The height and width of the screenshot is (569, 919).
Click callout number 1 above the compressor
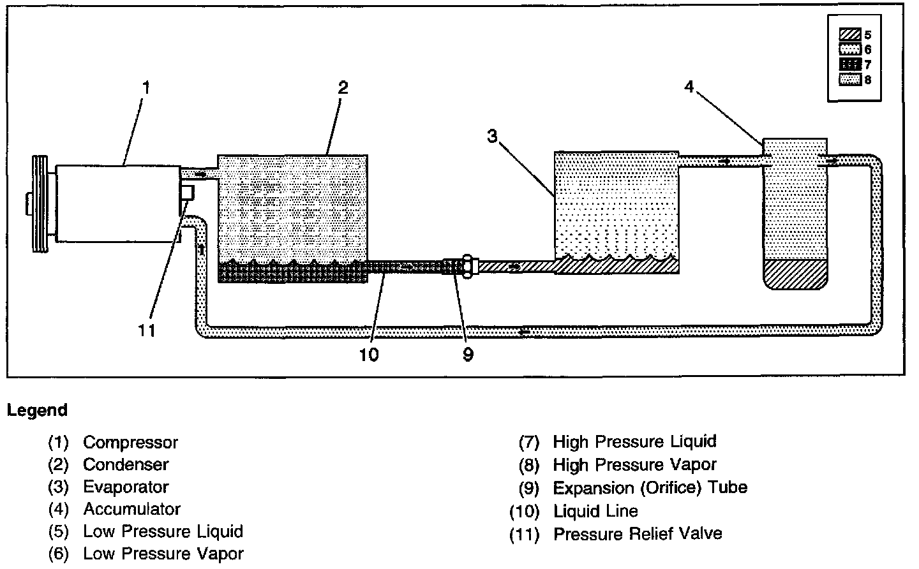[146, 87]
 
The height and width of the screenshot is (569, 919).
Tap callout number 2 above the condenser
[343, 87]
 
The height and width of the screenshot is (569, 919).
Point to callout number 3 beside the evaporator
[491, 137]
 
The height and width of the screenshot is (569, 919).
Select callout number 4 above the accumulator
[689, 86]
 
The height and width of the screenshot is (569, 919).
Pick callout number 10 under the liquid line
[369, 355]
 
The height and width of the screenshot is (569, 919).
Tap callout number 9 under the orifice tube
[468, 355]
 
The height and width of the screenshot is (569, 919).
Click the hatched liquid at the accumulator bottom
[795, 273]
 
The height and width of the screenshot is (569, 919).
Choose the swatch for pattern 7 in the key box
[851, 64]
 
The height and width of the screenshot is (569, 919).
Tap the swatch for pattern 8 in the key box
[851, 80]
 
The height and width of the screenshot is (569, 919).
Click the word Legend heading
[37, 410]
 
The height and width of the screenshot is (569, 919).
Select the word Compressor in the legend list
[130, 442]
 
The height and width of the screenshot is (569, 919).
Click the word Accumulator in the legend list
[131, 509]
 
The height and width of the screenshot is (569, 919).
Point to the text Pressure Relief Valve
[637, 533]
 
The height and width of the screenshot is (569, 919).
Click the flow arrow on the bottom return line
[525, 332]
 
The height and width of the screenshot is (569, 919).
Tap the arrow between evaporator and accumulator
[724, 161]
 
